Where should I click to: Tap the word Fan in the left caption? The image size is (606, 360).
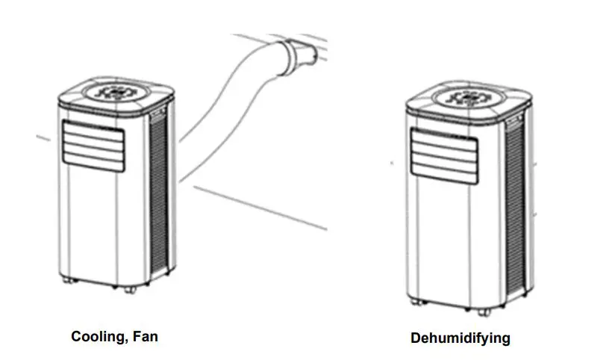145,336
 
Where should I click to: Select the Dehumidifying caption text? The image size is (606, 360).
460,338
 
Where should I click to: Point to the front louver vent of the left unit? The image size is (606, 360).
93,143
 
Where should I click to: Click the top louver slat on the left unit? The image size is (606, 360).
93,129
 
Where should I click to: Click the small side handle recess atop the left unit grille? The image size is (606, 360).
158,114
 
